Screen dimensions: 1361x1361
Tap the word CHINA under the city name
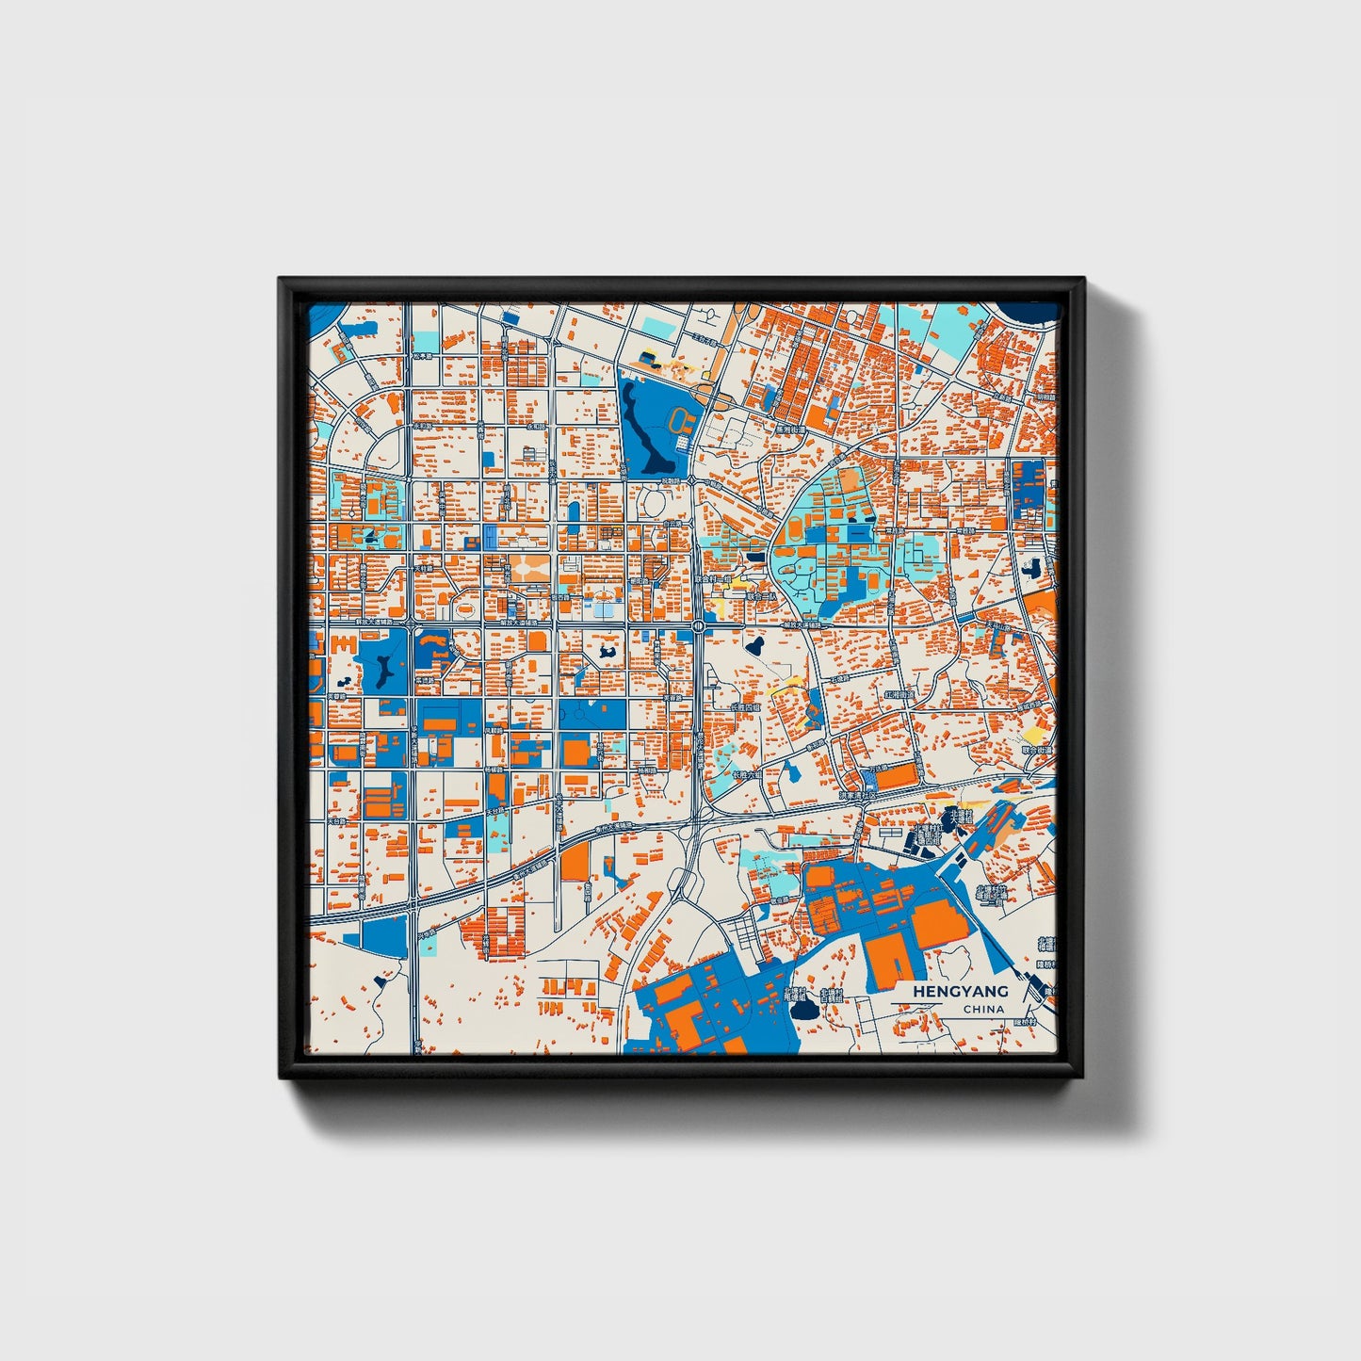983,1009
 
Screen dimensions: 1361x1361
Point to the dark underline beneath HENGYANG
948,1001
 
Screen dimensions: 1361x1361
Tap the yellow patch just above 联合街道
1033,733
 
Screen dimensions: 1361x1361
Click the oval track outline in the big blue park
680,419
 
